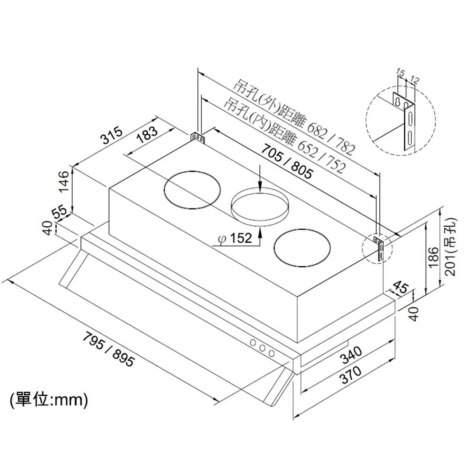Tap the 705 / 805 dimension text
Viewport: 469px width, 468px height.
[x=286, y=161]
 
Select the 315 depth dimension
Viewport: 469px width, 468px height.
[x=112, y=136]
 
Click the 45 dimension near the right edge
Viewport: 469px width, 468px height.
[x=399, y=288]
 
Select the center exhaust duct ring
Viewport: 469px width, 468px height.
[x=261, y=207]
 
